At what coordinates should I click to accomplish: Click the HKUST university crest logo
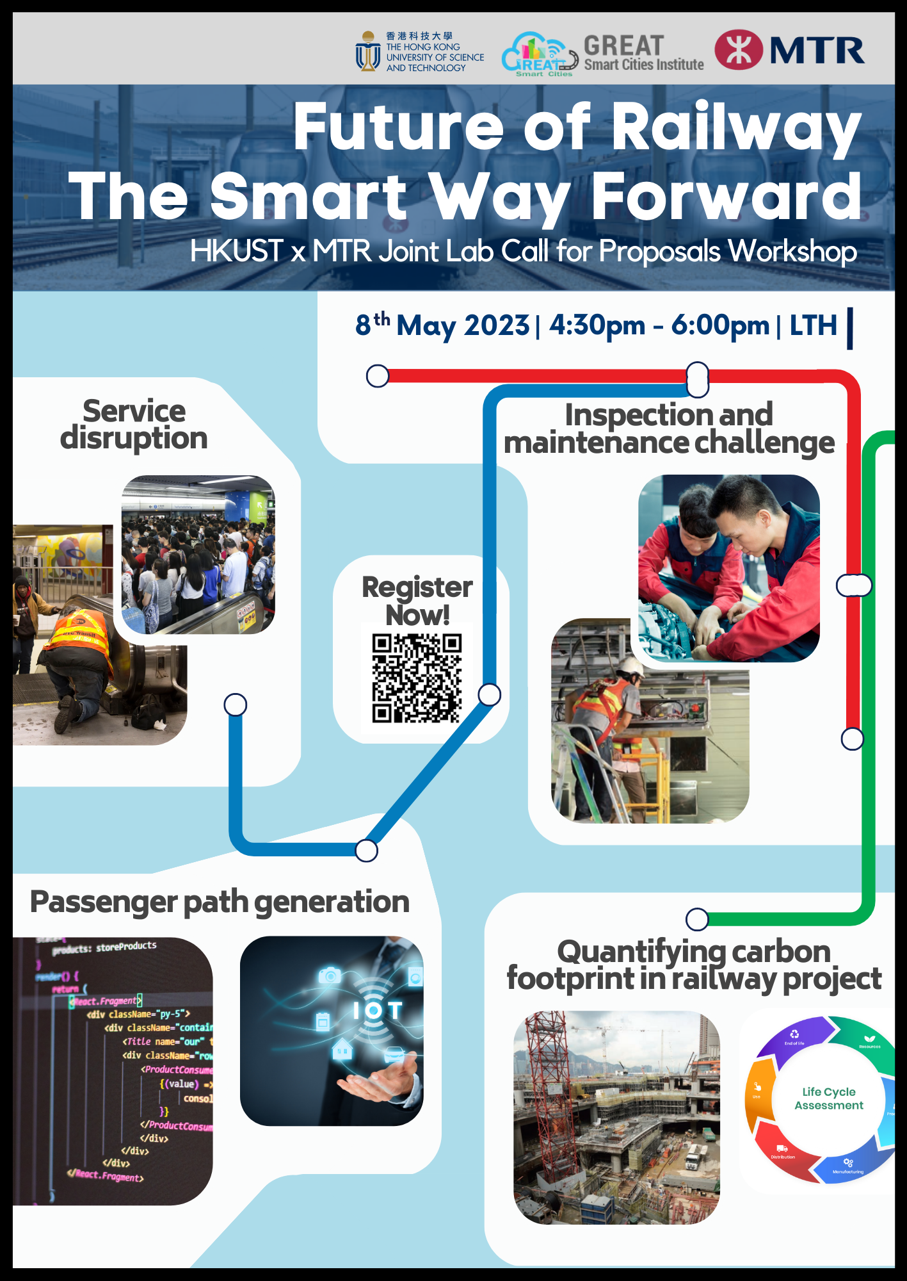[x=367, y=51]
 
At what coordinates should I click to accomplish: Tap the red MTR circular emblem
[x=739, y=50]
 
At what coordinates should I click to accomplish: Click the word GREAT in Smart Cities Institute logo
[x=623, y=45]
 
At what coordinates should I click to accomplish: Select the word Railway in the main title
[x=736, y=127]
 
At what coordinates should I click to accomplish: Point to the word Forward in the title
[x=726, y=197]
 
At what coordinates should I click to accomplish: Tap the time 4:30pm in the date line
[x=597, y=326]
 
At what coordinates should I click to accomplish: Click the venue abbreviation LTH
[x=813, y=326]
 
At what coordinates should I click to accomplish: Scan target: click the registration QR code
[x=417, y=678]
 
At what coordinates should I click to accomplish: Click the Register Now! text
[x=417, y=600]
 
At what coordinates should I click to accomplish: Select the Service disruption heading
[x=134, y=425]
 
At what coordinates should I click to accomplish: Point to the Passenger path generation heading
[x=220, y=902]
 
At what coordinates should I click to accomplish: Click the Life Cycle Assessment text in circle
[x=829, y=1098]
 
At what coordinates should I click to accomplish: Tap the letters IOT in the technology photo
[x=378, y=1011]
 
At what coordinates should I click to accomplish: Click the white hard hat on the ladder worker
[x=630, y=667]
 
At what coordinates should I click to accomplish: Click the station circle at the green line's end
[x=697, y=919]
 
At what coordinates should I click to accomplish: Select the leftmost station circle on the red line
[x=378, y=376]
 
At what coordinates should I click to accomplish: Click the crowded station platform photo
[x=198, y=555]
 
